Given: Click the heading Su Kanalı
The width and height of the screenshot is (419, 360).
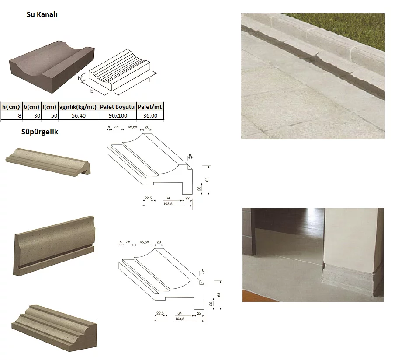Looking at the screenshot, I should pyautogui.click(x=42, y=14).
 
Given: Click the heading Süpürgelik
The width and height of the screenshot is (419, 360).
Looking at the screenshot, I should pyautogui.click(x=39, y=132).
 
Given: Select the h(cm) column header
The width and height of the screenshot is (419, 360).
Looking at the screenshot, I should pyautogui.click(x=11, y=107).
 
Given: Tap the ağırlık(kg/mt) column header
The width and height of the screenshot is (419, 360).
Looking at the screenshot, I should pyautogui.click(x=78, y=107).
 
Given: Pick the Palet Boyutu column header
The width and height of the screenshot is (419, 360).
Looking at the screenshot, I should pyautogui.click(x=118, y=107).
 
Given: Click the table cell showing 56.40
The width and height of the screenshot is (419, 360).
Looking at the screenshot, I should pyautogui.click(x=78, y=115).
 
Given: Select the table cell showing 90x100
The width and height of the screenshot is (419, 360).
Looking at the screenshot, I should pyautogui.click(x=118, y=115).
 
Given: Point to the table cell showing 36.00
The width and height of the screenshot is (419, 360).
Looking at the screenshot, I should pyautogui.click(x=150, y=115).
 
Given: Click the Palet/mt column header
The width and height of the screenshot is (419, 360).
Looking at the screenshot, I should pyautogui.click(x=150, y=107).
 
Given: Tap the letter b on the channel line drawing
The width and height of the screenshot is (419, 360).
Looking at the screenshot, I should pyautogui.click(x=92, y=91).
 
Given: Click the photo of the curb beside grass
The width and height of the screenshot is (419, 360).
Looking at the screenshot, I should pyautogui.click(x=313, y=76).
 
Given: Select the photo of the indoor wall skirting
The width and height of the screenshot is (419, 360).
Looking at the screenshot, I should pyautogui.click(x=313, y=255).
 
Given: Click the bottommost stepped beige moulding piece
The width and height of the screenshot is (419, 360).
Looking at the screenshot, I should pyautogui.click(x=53, y=327).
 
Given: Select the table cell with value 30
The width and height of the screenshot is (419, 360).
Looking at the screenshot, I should pyautogui.click(x=32, y=115).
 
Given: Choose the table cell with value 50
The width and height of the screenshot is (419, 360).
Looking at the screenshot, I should pyautogui.click(x=49, y=115).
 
